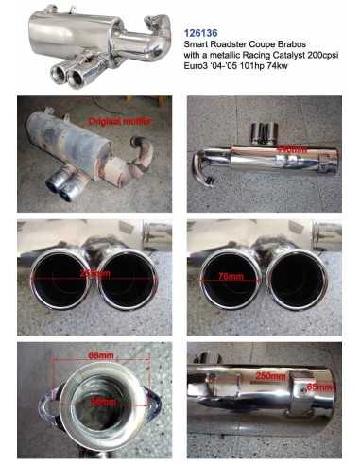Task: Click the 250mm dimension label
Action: (270, 375)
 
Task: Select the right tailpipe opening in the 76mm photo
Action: (297, 282)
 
